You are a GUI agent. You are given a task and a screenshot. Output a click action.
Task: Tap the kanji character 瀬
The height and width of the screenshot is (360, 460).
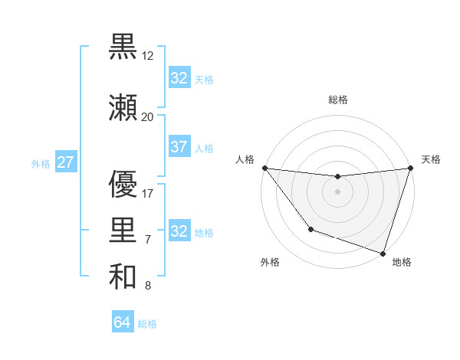123,108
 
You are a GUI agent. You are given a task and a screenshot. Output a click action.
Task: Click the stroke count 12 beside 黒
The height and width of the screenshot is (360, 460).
149,56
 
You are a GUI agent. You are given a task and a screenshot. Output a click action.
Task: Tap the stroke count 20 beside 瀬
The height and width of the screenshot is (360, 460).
147,116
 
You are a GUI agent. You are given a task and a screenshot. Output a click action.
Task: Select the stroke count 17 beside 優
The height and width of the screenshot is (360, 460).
148,193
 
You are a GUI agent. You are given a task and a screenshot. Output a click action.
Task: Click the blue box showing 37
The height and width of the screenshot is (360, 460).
179,147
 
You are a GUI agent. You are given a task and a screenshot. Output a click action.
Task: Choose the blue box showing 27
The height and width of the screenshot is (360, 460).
66,162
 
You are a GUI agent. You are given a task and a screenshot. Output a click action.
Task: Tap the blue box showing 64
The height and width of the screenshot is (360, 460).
123,322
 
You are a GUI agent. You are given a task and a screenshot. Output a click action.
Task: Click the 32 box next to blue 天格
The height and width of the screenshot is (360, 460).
179,78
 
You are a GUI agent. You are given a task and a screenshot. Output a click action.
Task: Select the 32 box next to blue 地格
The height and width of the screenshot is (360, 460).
179,231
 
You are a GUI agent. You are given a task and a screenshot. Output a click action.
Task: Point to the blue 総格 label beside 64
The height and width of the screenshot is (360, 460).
147,324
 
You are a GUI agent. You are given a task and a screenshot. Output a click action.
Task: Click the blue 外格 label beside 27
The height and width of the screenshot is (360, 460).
41,163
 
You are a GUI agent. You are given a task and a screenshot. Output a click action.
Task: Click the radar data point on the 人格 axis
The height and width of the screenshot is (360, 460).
264,168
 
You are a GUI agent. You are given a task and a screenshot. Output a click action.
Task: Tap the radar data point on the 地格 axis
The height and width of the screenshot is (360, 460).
383,253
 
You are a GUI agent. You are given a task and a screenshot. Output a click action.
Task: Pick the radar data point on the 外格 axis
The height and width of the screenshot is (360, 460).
310,229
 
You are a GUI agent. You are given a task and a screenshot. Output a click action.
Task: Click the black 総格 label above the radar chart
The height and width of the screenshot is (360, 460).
337,100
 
